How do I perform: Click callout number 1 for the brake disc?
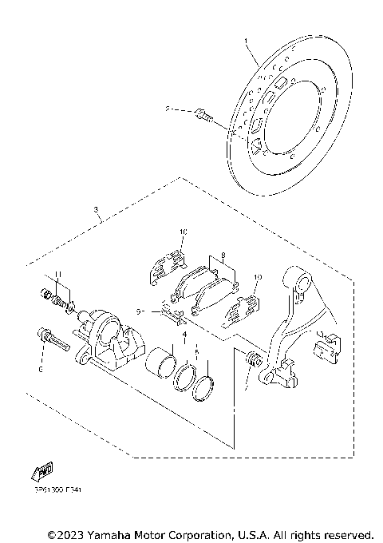coord(247,39)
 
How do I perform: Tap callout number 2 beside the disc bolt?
coord(168,108)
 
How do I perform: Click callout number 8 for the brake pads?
coord(224,257)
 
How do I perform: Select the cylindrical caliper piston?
coord(162,360)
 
